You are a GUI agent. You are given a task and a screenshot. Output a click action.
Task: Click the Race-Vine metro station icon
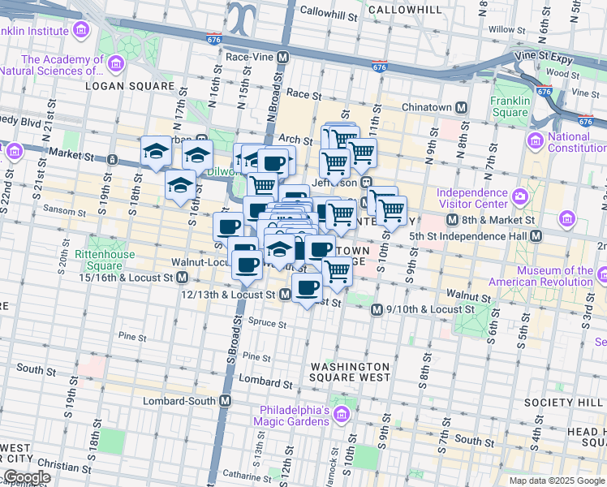pos(282,58)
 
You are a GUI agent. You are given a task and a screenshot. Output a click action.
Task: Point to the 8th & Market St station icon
pos(454,220)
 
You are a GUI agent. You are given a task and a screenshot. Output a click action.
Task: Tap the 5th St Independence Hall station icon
pos(536,236)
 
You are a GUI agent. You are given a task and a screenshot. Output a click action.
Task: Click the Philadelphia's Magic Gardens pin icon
pos(342,416)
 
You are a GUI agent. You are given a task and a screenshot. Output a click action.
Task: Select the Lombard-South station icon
pos(226,401)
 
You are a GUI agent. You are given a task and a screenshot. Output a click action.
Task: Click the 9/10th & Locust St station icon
pos(377,310)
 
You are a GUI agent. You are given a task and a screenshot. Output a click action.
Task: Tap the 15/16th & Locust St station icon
pos(184,278)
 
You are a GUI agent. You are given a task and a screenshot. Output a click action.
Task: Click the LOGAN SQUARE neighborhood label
pos(129,85)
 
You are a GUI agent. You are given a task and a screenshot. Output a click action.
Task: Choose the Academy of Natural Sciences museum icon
pos(116,62)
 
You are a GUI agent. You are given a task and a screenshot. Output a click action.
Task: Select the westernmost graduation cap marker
pos(156,152)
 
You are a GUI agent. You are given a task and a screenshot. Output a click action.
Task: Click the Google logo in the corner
pos(27,477)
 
